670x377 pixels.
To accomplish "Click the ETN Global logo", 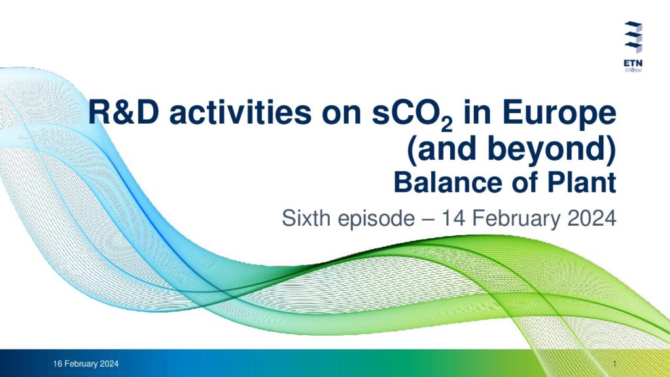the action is point(633,46).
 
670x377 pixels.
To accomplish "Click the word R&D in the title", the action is point(124,113).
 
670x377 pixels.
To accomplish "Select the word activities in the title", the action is point(240,113).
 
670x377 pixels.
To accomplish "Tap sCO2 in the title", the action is point(412,115).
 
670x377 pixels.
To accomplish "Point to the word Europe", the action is point(559,115).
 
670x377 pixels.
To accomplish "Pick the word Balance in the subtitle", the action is point(448,183).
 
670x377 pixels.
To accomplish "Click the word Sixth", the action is point(306,219).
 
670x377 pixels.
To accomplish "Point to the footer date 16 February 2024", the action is point(86,364).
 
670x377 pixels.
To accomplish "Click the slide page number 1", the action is point(614,364).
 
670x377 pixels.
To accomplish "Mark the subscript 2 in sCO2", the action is point(446,124).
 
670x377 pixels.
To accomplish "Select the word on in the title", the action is point(341,115).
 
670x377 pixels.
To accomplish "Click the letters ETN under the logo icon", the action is point(633,63).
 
